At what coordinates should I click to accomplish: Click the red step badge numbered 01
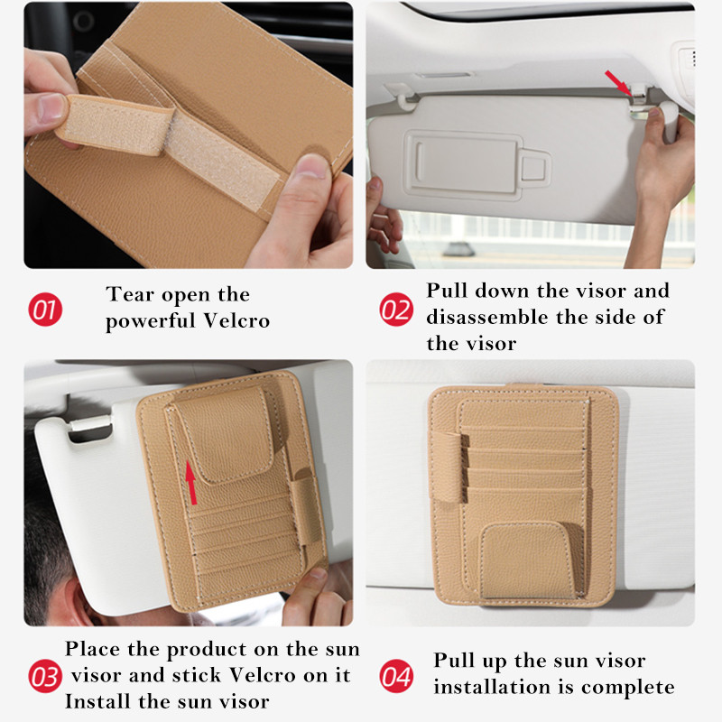tap(45, 310)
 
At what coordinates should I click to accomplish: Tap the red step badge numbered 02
tap(396, 310)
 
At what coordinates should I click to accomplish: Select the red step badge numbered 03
tap(45, 676)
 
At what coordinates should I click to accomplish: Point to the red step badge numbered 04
tap(396, 676)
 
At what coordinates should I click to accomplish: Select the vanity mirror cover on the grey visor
tap(464, 163)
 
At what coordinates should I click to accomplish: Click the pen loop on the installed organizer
tap(448, 467)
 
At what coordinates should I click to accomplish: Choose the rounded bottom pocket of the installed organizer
tap(527, 560)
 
